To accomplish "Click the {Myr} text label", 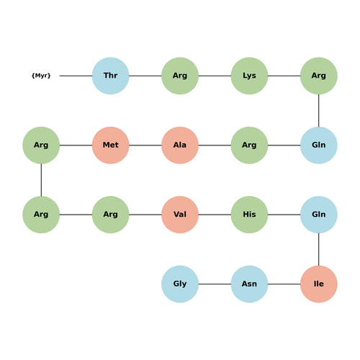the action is (x=41, y=76).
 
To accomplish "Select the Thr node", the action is (x=111, y=76).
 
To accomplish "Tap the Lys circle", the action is (x=249, y=76).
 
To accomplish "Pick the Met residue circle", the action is (x=111, y=145).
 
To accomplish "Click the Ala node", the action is (x=180, y=145).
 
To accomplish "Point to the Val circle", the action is (x=180, y=215).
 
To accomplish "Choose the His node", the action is (x=249, y=215).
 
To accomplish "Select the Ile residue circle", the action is (x=319, y=284).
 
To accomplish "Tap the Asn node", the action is (x=249, y=284).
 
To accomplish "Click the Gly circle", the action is (x=180, y=284).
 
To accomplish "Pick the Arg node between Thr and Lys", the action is (x=180, y=76).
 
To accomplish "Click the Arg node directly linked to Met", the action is (x=41, y=145).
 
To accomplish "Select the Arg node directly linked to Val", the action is (x=111, y=215).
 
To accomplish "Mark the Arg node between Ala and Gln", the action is (x=249, y=145).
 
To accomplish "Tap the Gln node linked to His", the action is (x=319, y=215).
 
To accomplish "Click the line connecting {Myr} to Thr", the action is (x=76, y=76).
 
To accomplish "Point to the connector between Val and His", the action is (x=215, y=215).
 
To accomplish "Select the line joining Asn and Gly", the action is (x=215, y=284).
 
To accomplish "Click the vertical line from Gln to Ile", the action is (x=319, y=249).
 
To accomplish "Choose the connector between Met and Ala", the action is (x=145, y=145).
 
